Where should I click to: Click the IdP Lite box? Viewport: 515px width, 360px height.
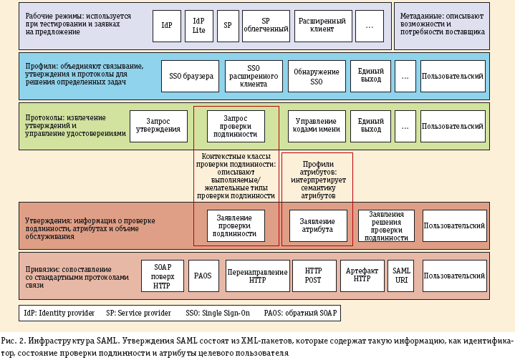(x=198, y=25)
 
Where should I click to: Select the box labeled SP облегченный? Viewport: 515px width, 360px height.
(x=266, y=25)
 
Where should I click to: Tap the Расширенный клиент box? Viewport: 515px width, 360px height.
(x=322, y=25)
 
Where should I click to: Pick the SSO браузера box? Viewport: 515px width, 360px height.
(x=191, y=76)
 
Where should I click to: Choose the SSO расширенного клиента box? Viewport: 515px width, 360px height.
(x=254, y=76)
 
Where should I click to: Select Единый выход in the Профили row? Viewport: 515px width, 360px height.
(x=370, y=76)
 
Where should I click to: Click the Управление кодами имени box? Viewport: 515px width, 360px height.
(x=317, y=126)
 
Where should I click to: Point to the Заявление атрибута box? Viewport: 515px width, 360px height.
(x=317, y=225)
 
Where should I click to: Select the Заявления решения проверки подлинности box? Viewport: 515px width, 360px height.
(x=386, y=225)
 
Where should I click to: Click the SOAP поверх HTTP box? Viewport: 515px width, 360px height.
(x=163, y=276)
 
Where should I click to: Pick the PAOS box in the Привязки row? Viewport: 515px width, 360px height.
(x=203, y=276)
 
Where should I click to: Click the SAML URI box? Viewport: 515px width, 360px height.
(x=402, y=276)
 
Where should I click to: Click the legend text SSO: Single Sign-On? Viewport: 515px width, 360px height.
(x=217, y=313)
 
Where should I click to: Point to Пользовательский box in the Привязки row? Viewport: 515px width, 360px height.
(x=454, y=276)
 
